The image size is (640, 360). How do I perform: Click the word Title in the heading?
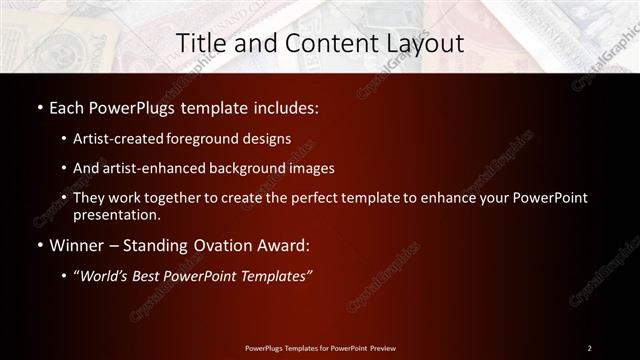point(199,43)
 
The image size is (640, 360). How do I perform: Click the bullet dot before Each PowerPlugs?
point(39,105)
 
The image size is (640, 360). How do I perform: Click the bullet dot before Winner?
point(39,244)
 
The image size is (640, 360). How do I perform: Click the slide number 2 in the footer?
point(590,347)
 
